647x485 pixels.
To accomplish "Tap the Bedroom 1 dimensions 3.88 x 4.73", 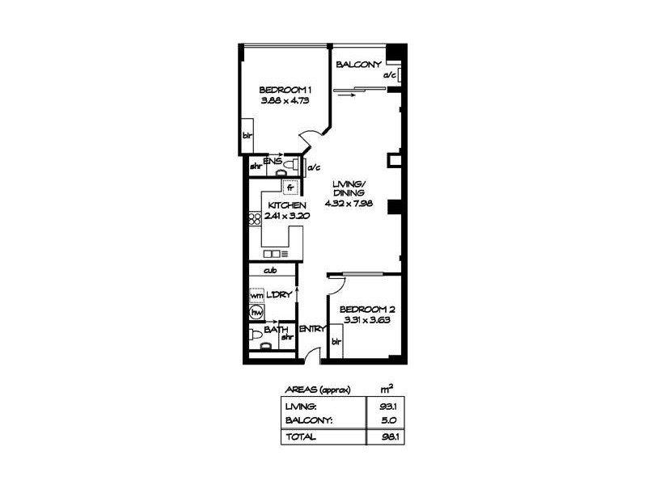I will [x=282, y=101].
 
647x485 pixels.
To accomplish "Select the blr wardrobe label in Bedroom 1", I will [x=247, y=136].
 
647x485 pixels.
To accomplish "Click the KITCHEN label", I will [x=286, y=206].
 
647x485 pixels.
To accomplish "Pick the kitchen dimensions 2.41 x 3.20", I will [x=286, y=216].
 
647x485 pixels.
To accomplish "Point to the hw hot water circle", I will [x=256, y=310].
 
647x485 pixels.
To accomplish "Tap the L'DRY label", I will [x=279, y=295].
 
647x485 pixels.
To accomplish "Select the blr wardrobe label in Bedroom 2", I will [x=336, y=342].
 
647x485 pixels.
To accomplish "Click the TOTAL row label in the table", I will [x=300, y=436].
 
